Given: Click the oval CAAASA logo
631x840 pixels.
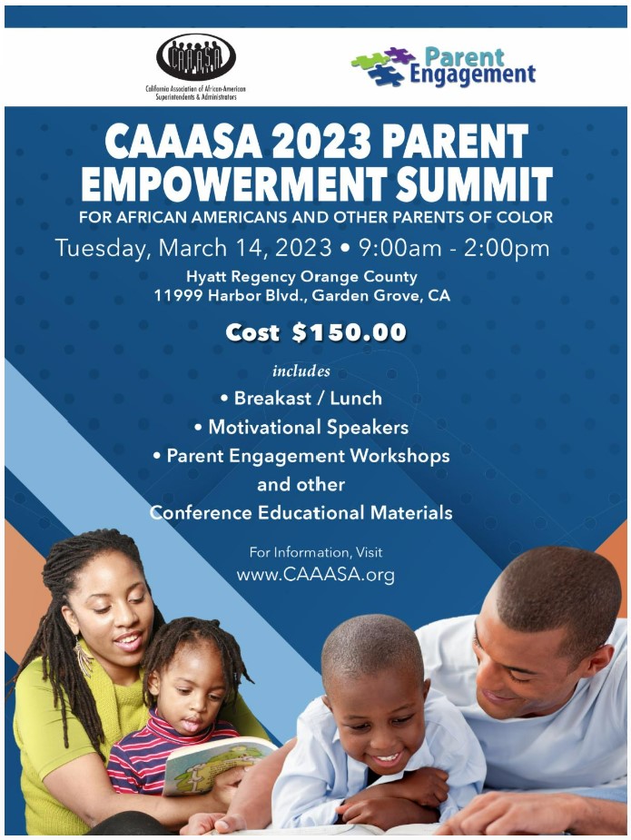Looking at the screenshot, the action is pyautogui.click(x=196, y=57).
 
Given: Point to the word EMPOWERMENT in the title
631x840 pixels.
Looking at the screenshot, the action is pyautogui.click(x=234, y=183).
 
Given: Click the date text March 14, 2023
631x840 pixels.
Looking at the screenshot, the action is pyautogui.click(x=245, y=248).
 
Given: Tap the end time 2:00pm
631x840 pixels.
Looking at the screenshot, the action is pyautogui.click(x=507, y=248).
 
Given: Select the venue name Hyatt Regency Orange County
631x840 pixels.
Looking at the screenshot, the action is pyautogui.click(x=301, y=276).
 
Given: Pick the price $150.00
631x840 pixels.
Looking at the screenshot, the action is pyautogui.click(x=350, y=332).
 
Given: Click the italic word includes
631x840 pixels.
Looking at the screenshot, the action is pyautogui.click(x=301, y=371).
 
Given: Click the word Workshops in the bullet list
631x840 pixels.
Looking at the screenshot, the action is pyautogui.click(x=399, y=455).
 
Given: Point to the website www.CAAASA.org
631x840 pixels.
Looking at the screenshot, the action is pyautogui.click(x=316, y=575).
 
